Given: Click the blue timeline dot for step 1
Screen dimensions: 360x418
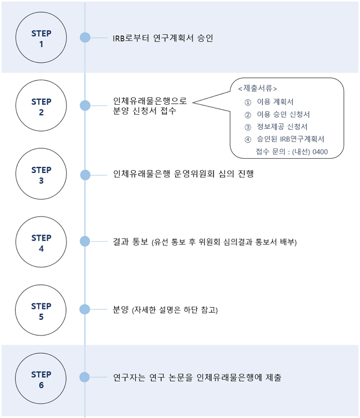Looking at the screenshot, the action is (x=85, y=38).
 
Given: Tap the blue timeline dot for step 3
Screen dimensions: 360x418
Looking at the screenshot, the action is (x=85, y=175).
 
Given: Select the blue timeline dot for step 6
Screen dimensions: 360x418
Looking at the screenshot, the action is (x=85, y=377).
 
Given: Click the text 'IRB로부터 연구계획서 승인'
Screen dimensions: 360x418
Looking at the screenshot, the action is (x=163, y=38).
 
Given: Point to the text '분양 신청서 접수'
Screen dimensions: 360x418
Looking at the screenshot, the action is (x=145, y=111).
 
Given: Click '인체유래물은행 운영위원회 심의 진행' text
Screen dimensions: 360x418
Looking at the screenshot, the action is (x=183, y=174).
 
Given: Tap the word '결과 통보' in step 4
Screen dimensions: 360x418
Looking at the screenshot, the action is (x=130, y=242).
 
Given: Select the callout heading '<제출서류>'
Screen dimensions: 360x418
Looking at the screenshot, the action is (x=257, y=88).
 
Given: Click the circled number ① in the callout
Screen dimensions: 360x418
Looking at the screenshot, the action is (x=248, y=103).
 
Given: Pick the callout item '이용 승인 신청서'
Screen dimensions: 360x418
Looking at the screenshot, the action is (x=283, y=115).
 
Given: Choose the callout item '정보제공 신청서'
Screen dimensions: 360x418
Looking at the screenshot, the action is (x=282, y=127).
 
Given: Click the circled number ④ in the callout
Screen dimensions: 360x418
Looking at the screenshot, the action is (x=248, y=139).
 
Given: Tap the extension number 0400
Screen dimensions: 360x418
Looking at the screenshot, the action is (x=320, y=152).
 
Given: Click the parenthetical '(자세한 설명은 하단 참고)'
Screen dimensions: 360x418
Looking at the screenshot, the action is (x=175, y=310).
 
